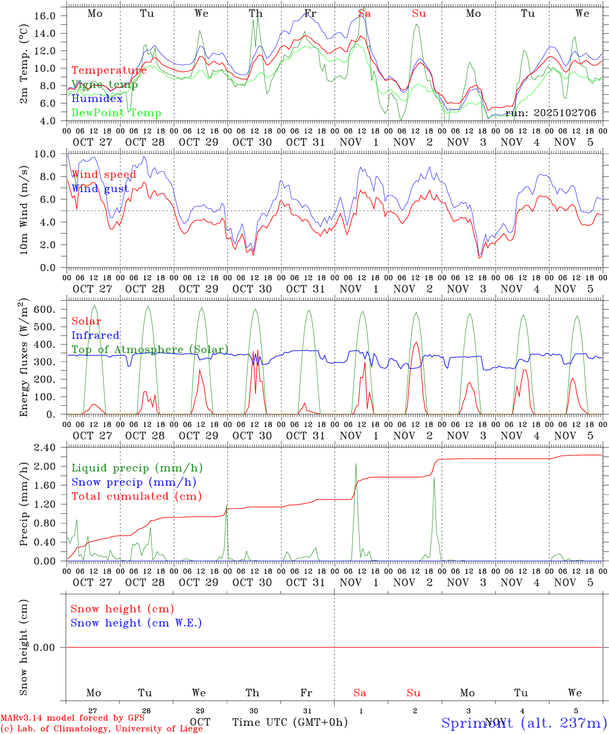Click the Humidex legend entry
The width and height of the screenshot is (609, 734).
tap(97, 99)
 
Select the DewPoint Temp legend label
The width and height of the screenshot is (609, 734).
tap(116, 113)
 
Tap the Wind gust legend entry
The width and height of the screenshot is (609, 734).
tap(100, 189)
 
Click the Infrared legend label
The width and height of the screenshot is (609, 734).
tap(95, 335)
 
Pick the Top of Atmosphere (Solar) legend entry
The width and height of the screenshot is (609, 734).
tap(150, 350)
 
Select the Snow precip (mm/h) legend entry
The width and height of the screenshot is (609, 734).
tap(134, 482)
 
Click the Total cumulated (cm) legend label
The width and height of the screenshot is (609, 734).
tap(136, 496)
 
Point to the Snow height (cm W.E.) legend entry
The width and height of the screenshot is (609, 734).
tap(136, 623)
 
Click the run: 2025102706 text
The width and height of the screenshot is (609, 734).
tap(550, 113)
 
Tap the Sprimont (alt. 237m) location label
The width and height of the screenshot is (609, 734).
tap(524, 723)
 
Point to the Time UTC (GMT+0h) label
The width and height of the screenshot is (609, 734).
tap(290, 722)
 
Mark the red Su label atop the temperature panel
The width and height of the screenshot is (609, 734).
tap(419, 14)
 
